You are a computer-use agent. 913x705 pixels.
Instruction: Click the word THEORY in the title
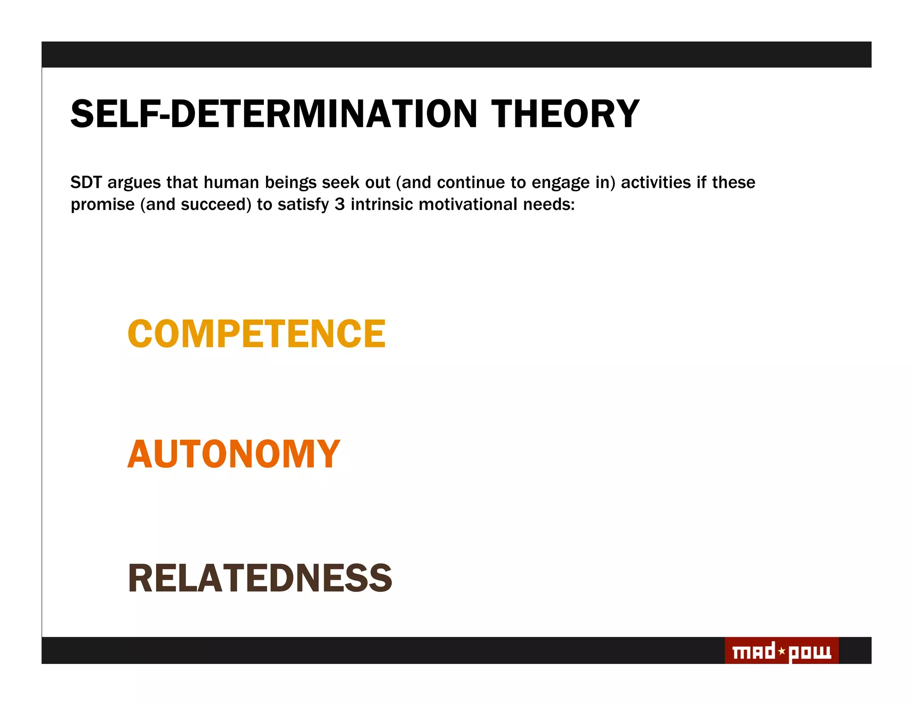[565, 114]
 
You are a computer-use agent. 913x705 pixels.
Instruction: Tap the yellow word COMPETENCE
[256, 333]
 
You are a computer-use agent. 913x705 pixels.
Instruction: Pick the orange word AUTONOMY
[234, 454]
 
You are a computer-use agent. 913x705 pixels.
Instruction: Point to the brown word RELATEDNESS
[260, 578]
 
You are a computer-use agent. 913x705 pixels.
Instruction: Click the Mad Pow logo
[781, 651]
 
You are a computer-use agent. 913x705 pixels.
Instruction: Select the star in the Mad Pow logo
[781, 651]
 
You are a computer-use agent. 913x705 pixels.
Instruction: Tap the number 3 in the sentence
[339, 204]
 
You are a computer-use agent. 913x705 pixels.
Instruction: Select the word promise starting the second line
[103, 205]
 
